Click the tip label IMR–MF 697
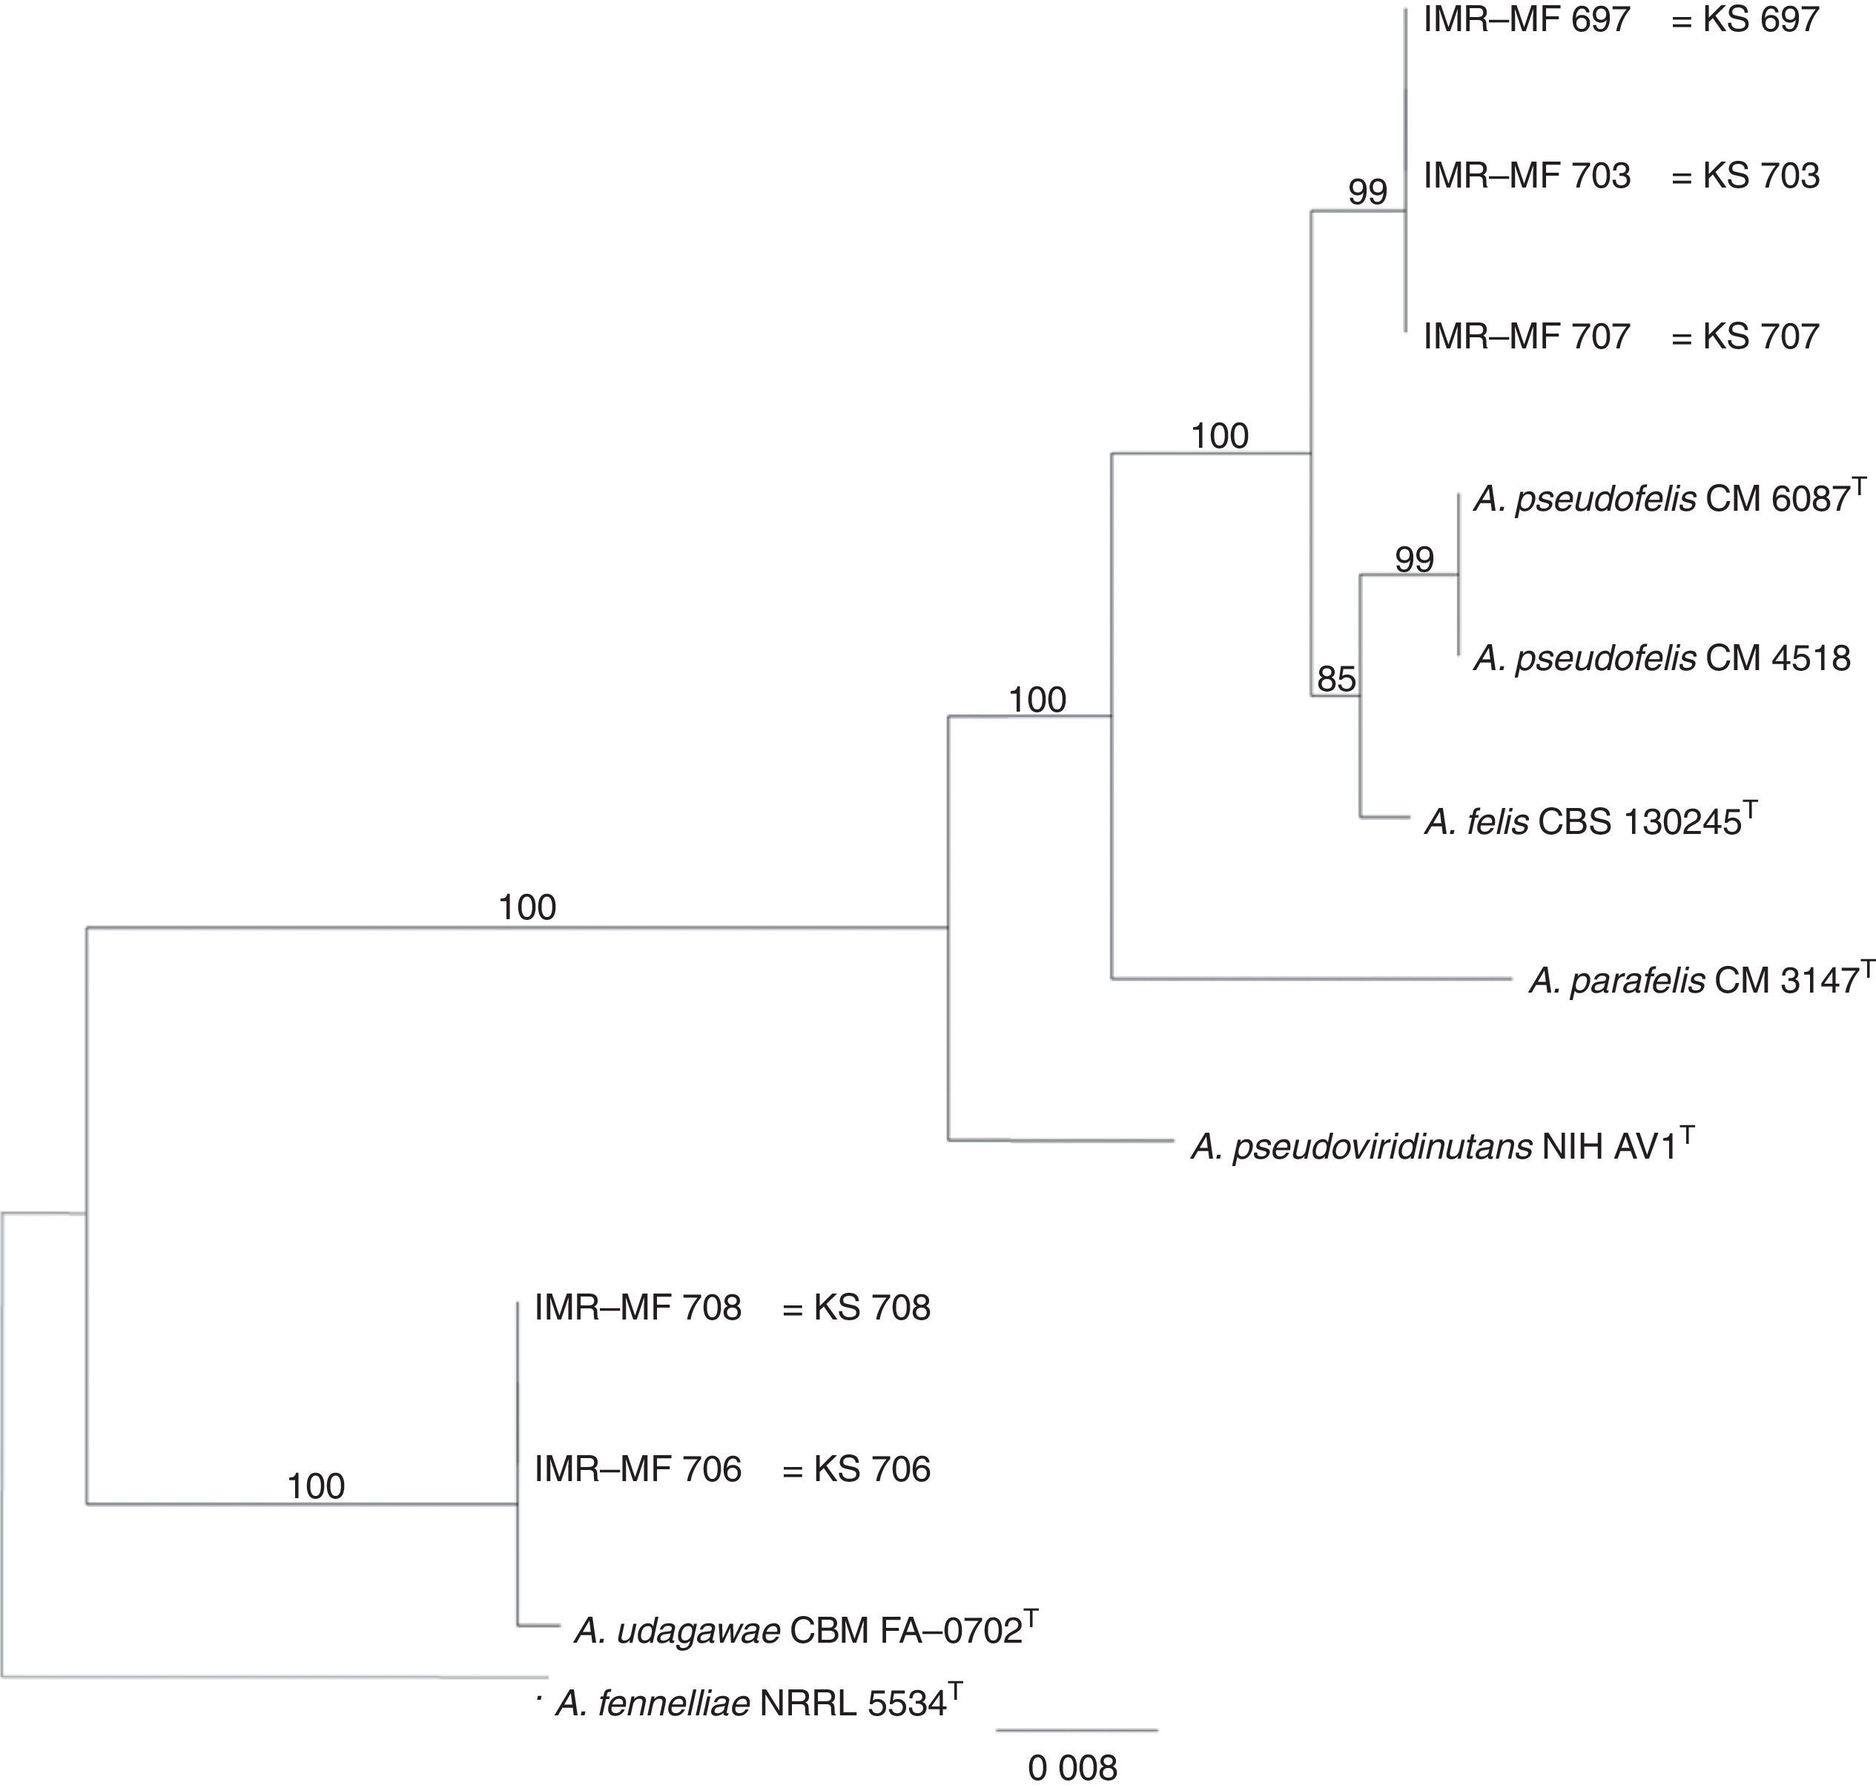(1526, 19)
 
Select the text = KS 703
(1745, 176)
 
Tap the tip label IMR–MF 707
(1526, 336)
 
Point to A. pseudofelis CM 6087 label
(1668, 498)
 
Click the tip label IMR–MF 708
(638, 1308)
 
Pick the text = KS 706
(856, 1469)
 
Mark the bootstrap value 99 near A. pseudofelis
(1413, 560)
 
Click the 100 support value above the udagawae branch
(316, 1486)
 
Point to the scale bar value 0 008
(1072, 1768)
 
